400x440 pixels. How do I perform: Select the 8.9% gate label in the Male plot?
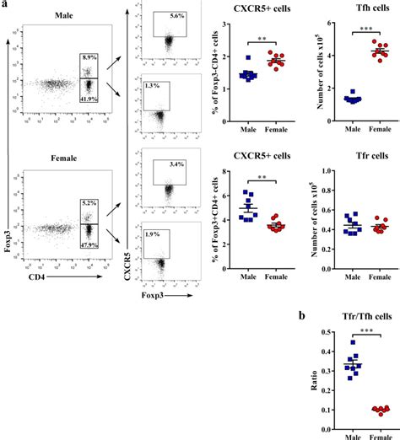click(x=89, y=57)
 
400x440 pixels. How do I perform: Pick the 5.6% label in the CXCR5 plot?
click(x=176, y=15)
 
